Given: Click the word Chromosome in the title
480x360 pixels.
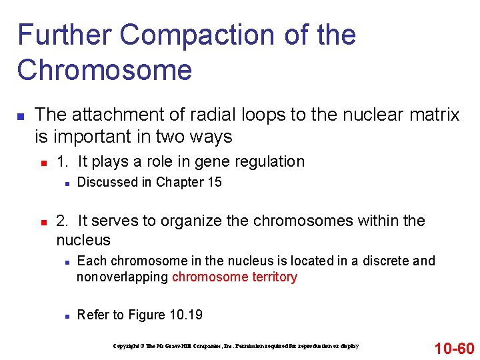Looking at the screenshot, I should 105,69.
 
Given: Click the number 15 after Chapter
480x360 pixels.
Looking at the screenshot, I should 214,183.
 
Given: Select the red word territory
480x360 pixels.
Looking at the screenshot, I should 274,277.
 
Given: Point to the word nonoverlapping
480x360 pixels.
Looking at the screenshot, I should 123,277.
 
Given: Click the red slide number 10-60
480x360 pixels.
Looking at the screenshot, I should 453,348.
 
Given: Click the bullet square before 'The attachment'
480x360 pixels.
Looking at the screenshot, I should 21,117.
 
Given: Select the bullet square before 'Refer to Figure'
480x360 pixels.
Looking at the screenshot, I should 64,315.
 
